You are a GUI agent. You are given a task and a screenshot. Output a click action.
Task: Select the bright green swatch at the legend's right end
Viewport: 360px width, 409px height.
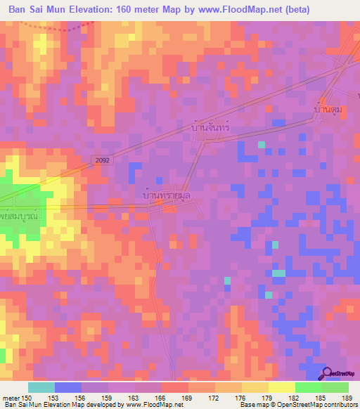335,387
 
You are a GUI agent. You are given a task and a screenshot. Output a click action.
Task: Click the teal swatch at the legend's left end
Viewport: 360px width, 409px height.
41,387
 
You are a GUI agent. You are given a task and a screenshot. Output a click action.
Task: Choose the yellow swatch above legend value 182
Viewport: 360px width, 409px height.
281,387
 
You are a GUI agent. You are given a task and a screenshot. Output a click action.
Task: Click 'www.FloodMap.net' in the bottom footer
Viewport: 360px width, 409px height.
155,405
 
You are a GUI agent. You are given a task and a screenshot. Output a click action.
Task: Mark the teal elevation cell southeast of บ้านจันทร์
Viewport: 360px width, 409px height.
262,144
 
